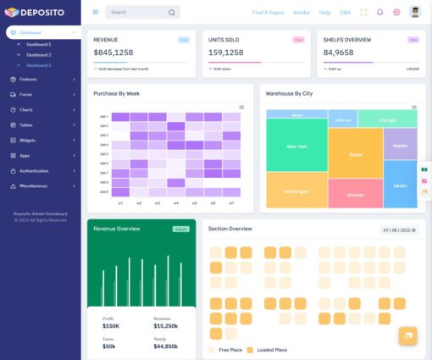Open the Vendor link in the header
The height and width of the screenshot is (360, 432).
click(x=301, y=13)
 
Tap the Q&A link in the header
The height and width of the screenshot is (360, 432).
click(x=345, y=13)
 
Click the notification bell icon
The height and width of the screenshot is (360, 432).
click(x=379, y=13)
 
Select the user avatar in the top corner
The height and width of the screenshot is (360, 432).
click(x=414, y=12)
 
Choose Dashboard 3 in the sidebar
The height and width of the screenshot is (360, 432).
click(x=38, y=64)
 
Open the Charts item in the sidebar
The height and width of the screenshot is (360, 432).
click(x=26, y=109)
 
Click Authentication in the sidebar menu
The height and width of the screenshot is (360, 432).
click(x=34, y=170)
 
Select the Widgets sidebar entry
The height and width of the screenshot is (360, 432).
click(x=28, y=140)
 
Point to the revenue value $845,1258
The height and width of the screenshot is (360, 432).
click(x=114, y=53)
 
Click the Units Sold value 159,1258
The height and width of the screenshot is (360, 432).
click(x=226, y=53)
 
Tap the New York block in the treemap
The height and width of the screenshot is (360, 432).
click(x=296, y=147)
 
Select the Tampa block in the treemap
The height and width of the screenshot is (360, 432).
click(x=355, y=154)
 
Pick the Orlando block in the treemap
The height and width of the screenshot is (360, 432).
click(x=355, y=195)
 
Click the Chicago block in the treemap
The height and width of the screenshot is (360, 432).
click(x=387, y=120)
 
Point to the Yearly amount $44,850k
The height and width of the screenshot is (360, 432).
click(x=165, y=346)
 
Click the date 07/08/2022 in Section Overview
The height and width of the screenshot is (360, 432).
click(x=398, y=230)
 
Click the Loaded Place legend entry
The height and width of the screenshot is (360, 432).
click(x=270, y=349)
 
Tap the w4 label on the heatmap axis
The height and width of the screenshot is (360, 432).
click(x=176, y=203)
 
